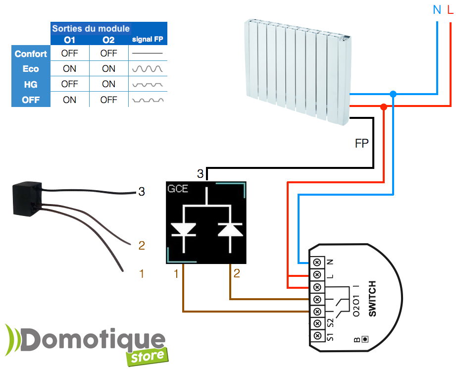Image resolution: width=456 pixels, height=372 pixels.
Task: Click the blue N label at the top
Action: (437, 9)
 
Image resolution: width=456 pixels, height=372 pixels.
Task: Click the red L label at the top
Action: (450, 9)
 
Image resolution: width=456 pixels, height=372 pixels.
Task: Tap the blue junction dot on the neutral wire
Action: (393, 94)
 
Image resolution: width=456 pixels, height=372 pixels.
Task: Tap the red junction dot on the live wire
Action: (383, 106)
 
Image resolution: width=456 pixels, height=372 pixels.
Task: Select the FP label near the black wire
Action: (362, 144)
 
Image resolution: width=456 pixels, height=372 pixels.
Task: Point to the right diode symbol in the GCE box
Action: (230, 229)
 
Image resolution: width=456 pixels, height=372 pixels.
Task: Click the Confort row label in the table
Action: (31, 53)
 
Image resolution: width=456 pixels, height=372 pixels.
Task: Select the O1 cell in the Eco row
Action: (70, 69)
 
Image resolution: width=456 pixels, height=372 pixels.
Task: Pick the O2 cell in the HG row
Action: (108, 84)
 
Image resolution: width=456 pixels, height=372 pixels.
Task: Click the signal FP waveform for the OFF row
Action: (147, 100)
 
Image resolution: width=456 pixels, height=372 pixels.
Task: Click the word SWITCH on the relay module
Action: (372, 299)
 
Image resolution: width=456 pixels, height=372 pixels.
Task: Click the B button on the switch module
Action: (365, 339)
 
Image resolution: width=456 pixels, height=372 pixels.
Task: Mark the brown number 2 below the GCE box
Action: (237, 273)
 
